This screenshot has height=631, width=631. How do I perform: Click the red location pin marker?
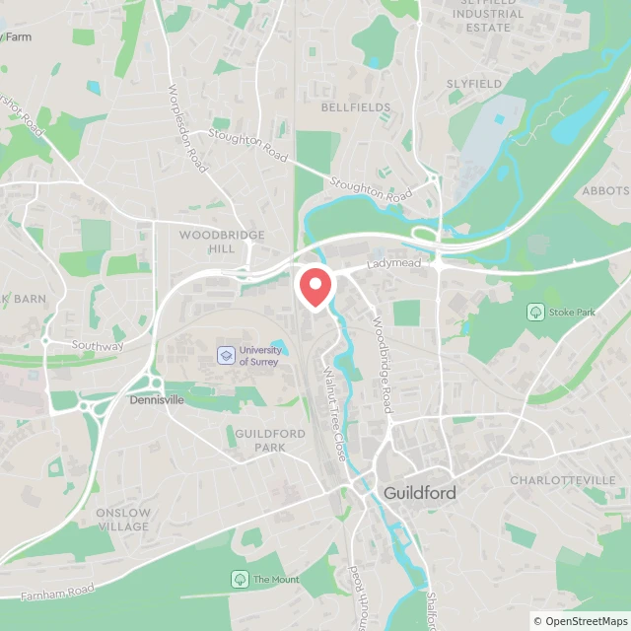pyautogui.click(x=315, y=287)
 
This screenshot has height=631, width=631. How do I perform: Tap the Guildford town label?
pyautogui.click(x=419, y=492)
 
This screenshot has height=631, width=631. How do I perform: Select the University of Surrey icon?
pyautogui.click(x=226, y=355)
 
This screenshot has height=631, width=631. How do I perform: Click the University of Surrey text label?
pyautogui.click(x=259, y=356)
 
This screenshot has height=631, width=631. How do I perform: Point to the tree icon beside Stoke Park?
pyautogui.click(x=535, y=313)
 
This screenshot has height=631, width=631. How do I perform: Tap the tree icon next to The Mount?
pyautogui.click(x=240, y=579)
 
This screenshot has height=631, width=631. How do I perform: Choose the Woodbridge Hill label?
pyautogui.click(x=207, y=242)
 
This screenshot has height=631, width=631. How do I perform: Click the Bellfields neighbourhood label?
pyautogui.click(x=355, y=106)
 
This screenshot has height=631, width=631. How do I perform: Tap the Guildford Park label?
pyautogui.click(x=270, y=440)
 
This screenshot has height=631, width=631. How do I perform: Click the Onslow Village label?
pyautogui.click(x=123, y=520)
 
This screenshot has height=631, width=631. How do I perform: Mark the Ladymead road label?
pyautogui.click(x=393, y=265)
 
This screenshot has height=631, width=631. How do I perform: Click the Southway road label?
pyautogui.click(x=98, y=346)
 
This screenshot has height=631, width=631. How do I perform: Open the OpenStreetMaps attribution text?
pyautogui.click(x=581, y=621)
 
